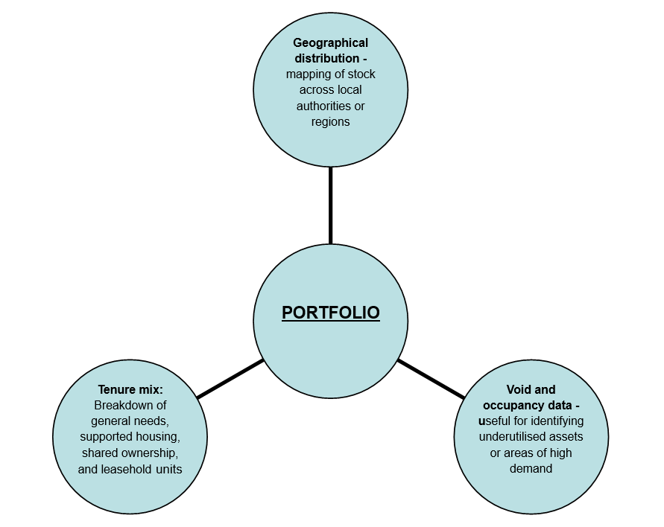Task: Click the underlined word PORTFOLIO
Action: click(x=330, y=313)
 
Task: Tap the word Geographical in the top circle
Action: click(x=330, y=43)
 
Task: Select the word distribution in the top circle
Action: click(x=326, y=59)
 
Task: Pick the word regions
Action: click(x=330, y=121)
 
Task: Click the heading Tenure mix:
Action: click(x=130, y=389)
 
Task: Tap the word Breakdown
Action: click(x=121, y=405)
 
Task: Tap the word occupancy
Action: click(x=517, y=405)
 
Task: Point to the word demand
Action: click(x=531, y=469)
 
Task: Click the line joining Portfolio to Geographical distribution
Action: click(x=330, y=205)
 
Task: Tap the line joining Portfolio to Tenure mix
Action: click(x=231, y=378)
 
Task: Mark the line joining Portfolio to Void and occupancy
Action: click(x=431, y=379)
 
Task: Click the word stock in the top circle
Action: click(x=361, y=74)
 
